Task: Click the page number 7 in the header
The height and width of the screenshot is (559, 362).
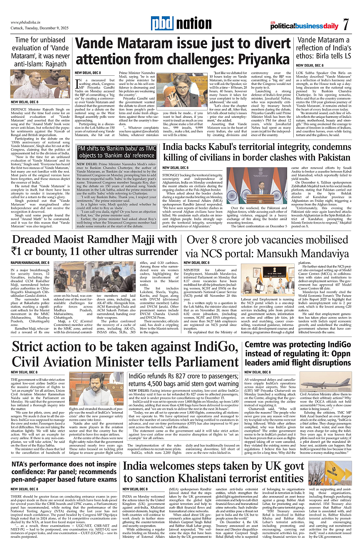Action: pos(346,24)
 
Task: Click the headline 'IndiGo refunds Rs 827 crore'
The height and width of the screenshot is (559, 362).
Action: pos(183,380)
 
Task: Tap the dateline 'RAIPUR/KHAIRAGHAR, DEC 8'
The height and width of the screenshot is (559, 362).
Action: pos(30,263)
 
